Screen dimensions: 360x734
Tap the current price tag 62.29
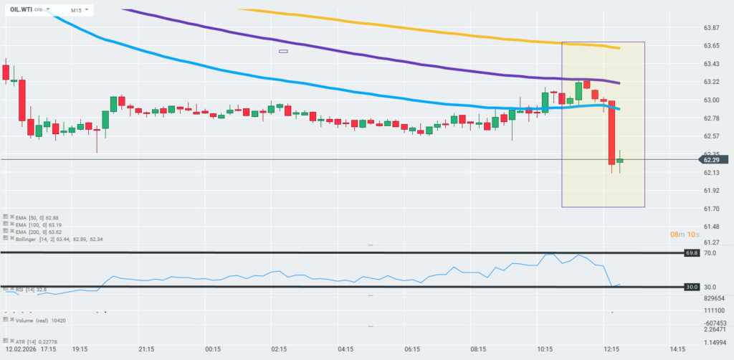(x=711, y=160)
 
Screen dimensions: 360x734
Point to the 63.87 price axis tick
(x=711, y=28)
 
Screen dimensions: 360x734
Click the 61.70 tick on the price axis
(x=711, y=209)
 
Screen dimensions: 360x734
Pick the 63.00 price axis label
(x=711, y=100)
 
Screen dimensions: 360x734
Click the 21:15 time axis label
(x=146, y=349)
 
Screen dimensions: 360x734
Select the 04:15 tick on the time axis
(x=345, y=349)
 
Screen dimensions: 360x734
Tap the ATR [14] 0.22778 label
(x=35, y=341)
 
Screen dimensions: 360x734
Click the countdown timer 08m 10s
(x=685, y=235)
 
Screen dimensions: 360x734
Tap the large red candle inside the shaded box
(x=612, y=133)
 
